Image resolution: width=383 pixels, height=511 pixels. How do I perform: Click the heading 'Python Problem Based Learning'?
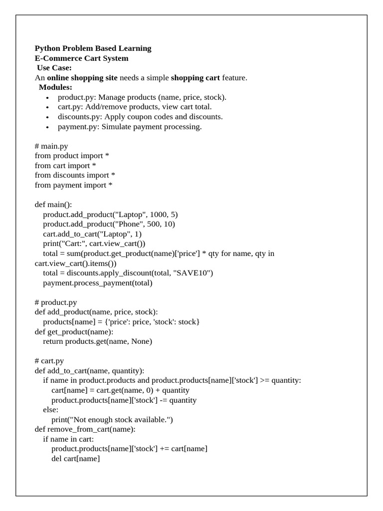(x=93, y=48)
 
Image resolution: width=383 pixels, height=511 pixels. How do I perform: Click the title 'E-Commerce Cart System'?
(x=81, y=58)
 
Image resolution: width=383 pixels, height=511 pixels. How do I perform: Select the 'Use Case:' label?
(x=54, y=68)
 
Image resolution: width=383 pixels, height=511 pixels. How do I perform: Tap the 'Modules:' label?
(x=55, y=87)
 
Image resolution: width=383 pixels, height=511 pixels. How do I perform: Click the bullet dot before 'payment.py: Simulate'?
(x=47, y=127)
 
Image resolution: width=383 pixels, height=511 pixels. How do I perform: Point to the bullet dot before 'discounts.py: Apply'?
(x=47, y=117)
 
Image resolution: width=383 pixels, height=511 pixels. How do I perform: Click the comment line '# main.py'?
(x=51, y=146)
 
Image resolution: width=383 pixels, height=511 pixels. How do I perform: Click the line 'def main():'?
(x=53, y=205)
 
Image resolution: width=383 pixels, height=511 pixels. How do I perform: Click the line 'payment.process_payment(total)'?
(x=98, y=283)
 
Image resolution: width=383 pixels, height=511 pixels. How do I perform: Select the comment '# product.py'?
(x=56, y=302)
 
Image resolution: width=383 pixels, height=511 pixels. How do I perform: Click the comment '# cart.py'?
(x=49, y=361)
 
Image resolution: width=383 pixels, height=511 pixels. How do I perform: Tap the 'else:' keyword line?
(x=50, y=410)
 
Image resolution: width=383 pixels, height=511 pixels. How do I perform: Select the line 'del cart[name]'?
(x=75, y=459)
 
